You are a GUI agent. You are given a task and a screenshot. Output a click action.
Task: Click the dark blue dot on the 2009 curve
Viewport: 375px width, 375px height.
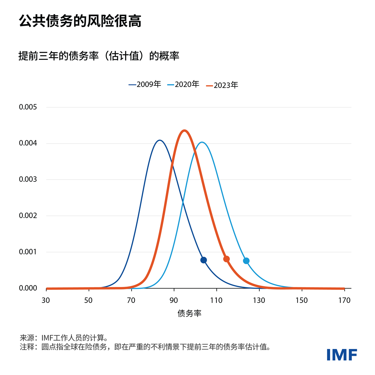203,260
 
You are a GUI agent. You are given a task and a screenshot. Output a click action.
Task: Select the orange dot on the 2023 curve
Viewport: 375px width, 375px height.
227,259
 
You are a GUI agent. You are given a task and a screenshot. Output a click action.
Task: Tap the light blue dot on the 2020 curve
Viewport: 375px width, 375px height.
246,261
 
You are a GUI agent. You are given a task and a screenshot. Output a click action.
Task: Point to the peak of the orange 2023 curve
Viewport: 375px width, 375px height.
184,131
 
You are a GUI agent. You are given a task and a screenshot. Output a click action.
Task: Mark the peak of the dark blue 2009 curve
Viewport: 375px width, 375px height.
160,140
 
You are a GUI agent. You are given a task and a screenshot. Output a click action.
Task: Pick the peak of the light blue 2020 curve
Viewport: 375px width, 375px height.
202,143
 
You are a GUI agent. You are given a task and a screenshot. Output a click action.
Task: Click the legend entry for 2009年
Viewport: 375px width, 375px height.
145,84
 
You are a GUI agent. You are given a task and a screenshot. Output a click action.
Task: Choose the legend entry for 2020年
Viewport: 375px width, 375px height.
183,84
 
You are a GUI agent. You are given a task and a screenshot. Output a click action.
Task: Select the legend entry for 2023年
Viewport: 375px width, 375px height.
222,85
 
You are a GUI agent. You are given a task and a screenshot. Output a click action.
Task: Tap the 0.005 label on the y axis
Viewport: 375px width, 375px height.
28,107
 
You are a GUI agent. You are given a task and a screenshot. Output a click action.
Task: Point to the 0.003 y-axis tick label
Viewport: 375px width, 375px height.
28,179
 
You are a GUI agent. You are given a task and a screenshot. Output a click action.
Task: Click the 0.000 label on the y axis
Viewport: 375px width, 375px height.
28,288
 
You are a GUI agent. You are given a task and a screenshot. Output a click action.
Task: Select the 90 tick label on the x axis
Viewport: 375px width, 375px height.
174,300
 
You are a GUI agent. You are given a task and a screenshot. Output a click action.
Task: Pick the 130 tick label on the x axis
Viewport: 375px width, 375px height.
259,300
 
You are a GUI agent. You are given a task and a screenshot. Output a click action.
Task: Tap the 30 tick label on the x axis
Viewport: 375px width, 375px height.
46,300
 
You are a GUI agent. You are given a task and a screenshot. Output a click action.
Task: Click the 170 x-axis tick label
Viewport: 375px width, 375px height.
344,300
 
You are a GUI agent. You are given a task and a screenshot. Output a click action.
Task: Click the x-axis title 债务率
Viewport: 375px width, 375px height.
189,313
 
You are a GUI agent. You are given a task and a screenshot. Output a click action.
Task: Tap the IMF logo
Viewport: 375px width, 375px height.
342,355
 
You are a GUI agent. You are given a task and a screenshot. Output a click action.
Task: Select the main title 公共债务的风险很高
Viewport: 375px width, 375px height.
80,21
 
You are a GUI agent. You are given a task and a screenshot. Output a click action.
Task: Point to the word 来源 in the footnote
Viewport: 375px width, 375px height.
27,338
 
